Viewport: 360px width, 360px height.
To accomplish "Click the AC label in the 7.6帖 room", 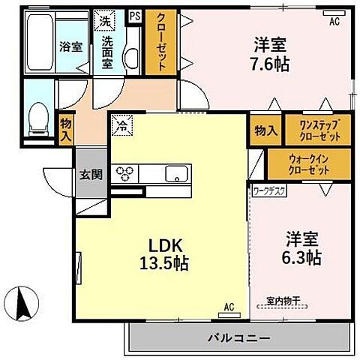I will point(334,22).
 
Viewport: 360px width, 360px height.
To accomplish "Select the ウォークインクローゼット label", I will point(308,165).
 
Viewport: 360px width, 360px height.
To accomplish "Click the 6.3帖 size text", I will point(303,259).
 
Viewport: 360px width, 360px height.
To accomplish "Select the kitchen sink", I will point(175,173).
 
